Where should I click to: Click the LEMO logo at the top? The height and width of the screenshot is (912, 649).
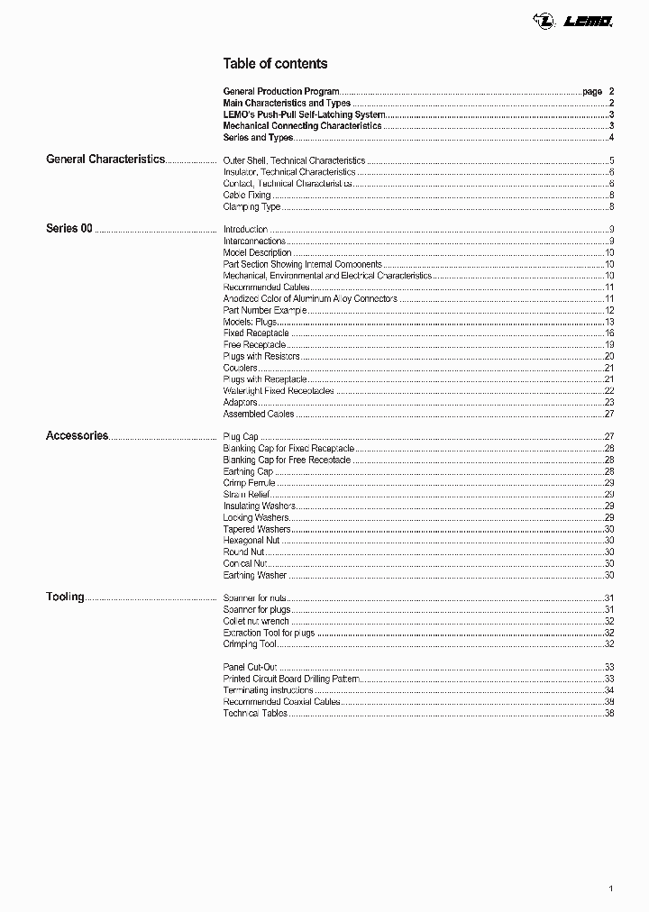pyautogui.click(x=586, y=19)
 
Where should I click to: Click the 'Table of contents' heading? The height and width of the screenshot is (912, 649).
pyautogui.click(x=275, y=64)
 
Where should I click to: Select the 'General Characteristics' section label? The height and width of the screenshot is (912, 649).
pyautogui.click(x=105, y=160)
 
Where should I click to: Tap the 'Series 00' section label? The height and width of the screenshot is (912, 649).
pyautogui.click(x=69, y=229)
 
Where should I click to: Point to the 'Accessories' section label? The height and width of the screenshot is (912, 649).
pyautogui.click(x=78, y=436)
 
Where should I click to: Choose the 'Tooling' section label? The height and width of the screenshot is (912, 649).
pyautogui.click(x=65, y=597)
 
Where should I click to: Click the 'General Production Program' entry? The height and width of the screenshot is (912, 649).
pyautogui.click(x=281, y=92)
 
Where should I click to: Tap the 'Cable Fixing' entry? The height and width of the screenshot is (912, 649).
pyautogui.click(x=246, y=196)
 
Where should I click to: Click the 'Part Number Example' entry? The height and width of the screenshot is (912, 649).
pyautogui.click(x=265, y=310)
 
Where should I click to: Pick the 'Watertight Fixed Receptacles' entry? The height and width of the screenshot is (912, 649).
pyautogui.click(x=279, y=391)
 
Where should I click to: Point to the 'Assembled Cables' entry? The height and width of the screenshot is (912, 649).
pyautogui.click(x=258, y=415)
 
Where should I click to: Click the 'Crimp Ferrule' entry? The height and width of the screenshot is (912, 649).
pyautogui.click(x=249, y=483)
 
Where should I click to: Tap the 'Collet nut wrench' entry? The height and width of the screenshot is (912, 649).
pyautogui.click(x=256, y=621)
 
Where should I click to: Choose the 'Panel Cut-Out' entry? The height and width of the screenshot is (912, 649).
pyautogui.click(x=250, y=667)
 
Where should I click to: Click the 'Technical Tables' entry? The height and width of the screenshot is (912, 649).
pyautogui.click(x=255, y=713)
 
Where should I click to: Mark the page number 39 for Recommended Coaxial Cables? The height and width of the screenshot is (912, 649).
pyautogui.click(x=608, y=702)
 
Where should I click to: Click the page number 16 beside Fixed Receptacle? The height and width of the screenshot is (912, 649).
pyautogui.click(x=608, y=333)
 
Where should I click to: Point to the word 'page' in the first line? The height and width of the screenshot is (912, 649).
pyautogui.click(x=592, y=92)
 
